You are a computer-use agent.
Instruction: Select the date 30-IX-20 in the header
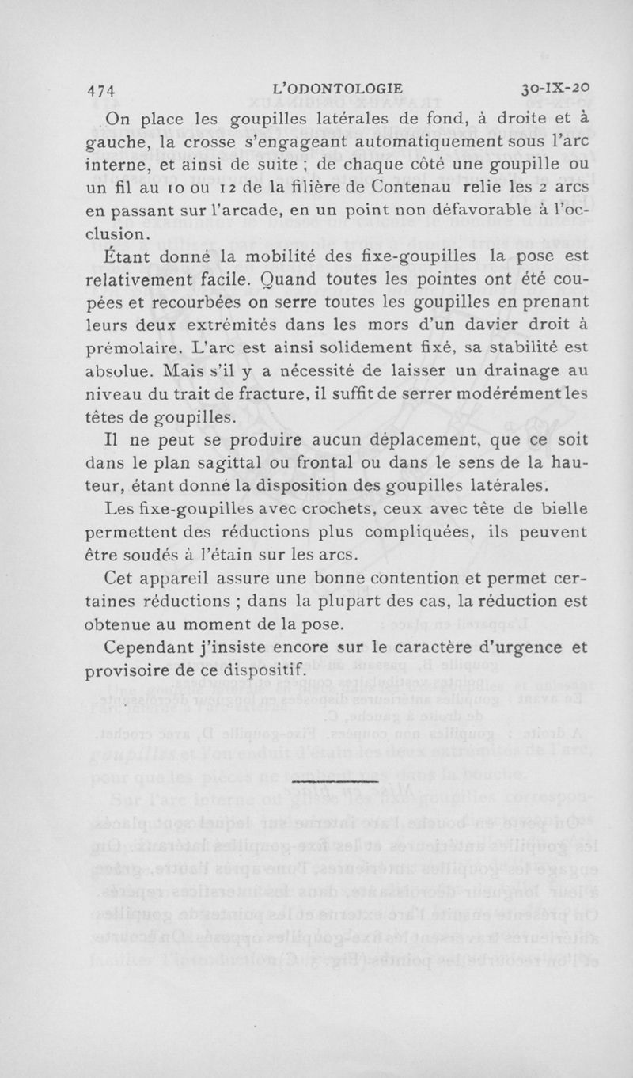click(x=551, y=88)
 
